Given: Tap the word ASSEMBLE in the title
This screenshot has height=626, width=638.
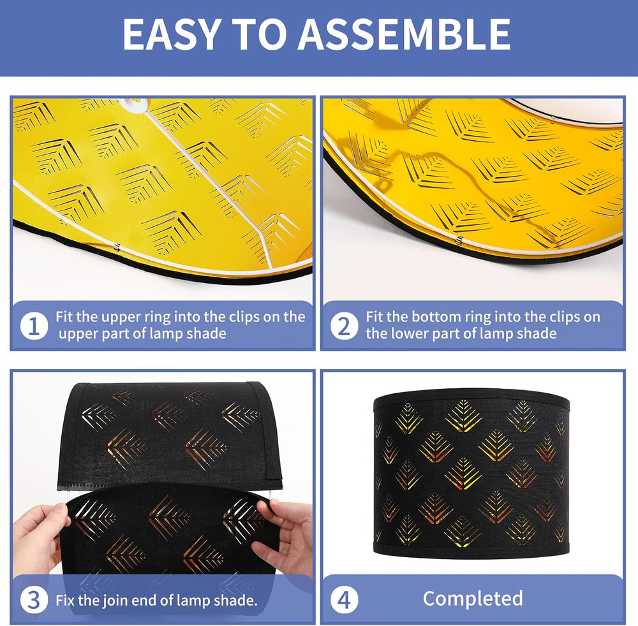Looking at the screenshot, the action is pyautogui.click(x=404, y=34).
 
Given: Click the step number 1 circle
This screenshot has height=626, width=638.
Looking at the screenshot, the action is pyautogui.click(x=34, y=326).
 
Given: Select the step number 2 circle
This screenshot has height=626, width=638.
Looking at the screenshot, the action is pyautogui.click(x=345, y=326).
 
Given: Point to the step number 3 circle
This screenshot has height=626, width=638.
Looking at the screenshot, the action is pyautogui.click(x=34, y=600).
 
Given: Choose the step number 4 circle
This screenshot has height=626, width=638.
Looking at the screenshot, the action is pyautogui.click(x=345, y=600).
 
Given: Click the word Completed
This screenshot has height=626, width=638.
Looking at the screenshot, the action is pyautogui.click(x=473, y=599).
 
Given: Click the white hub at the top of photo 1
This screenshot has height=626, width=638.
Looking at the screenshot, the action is pyautogui.click(x=134, y=104).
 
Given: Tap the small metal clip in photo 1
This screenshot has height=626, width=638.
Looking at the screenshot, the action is pyautogui.click(x=117, y=246).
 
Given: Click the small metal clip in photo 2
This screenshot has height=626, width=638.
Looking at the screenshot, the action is pyautogui.click(x=459, y=240).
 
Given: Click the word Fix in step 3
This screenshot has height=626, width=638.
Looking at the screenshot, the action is pyautogui.click(x=65, y=600).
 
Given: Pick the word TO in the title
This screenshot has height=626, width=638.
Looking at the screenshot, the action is pyautogui.click(x=258, y=34).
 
